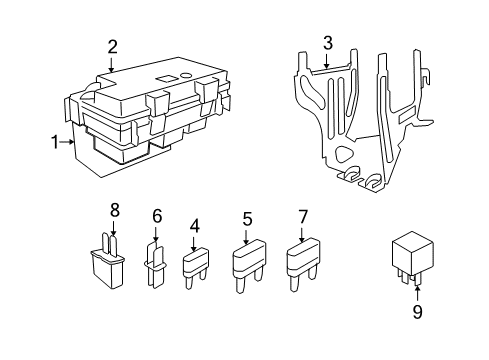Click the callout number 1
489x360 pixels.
(x=56, y=142)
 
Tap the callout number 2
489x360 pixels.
(x=113, y=46)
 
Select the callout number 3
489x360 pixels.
(x=327, y=42)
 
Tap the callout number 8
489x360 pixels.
(x=114, y=210)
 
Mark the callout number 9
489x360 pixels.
(x=418, y=313)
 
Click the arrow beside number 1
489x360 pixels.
(x=69, y=142)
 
